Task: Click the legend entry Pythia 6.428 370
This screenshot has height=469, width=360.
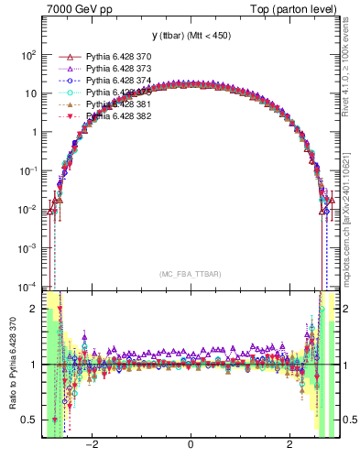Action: pos(115,57)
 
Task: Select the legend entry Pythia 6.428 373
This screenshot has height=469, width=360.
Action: pos(115,69)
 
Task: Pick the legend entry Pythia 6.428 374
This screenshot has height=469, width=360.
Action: pos(115,81)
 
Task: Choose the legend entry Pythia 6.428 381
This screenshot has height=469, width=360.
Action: pos(115,104)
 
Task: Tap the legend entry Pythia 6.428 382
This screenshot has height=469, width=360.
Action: pos(115,116)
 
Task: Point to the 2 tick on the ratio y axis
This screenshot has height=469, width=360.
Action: pos(34,310)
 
